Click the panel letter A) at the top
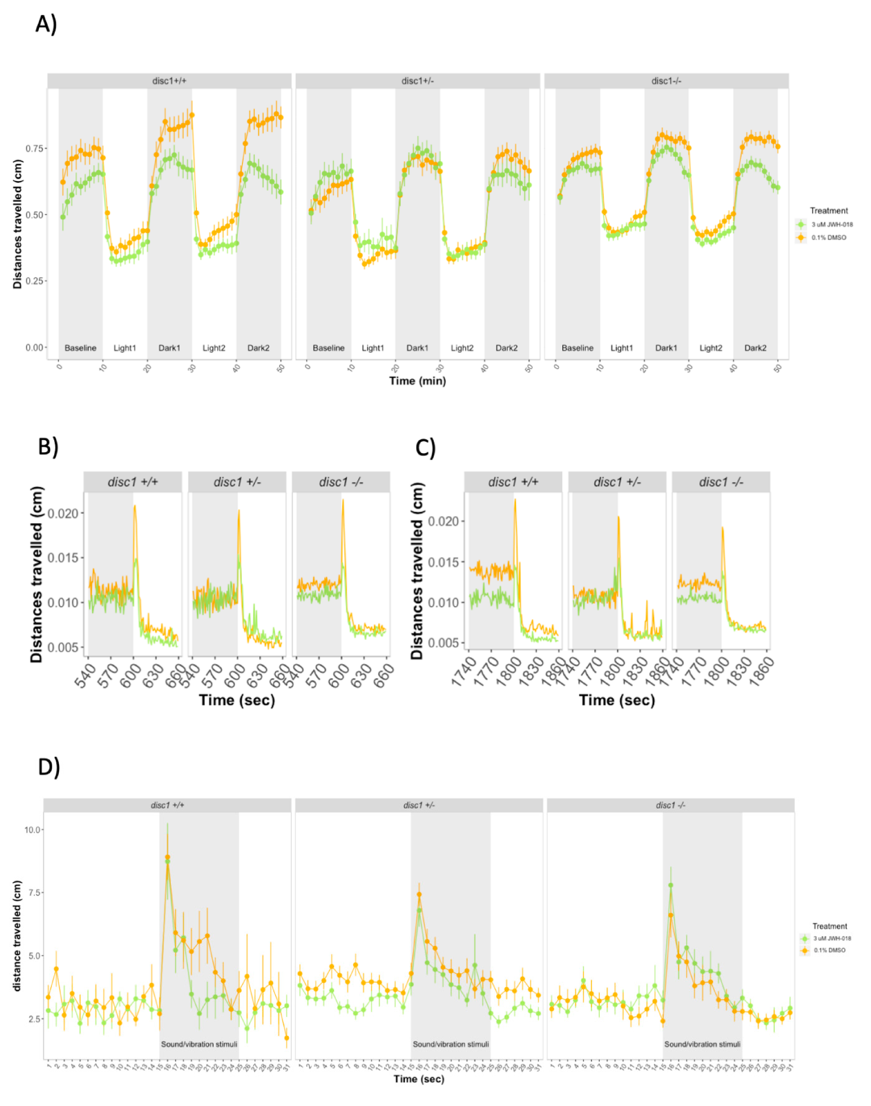coord(46,24)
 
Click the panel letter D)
coord(48,767)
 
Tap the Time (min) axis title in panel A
coord(417,381)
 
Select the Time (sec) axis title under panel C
coord(616,700)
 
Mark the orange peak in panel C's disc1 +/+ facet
coord(515,499)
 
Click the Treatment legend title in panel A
coord(829,211)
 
